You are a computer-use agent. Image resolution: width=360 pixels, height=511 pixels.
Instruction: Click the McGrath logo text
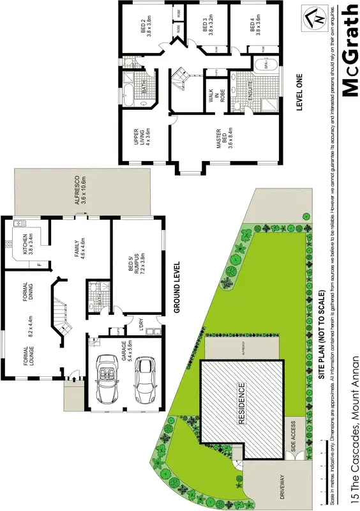coord(350,50)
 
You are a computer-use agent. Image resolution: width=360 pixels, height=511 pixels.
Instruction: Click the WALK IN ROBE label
coord(209,98)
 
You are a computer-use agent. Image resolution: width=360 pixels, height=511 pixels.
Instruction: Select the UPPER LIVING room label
coord(142,139)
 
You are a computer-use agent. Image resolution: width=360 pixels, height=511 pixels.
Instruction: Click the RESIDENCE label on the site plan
coord(242,404)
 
